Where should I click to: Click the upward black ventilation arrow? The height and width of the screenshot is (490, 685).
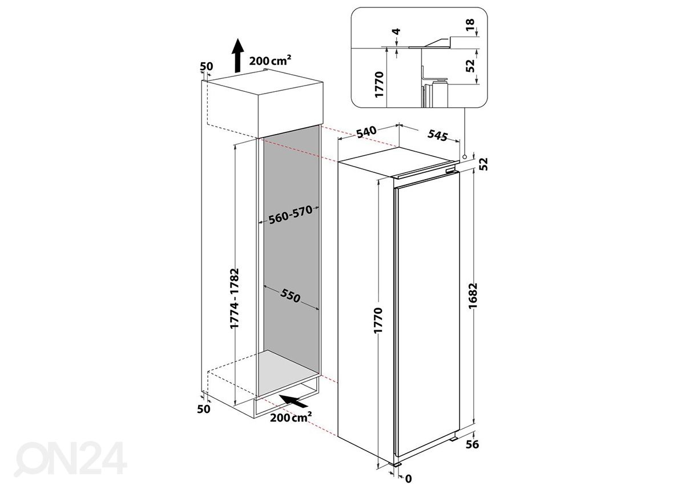coord(237,55)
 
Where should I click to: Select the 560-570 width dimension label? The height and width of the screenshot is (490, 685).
coord(291,215)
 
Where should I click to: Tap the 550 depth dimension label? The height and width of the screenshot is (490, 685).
coord(290,295)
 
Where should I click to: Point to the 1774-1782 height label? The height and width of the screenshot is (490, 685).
coord(235,298)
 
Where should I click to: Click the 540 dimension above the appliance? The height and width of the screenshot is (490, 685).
coord(366,132)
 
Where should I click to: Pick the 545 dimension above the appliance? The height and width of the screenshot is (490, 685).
coord(438,135)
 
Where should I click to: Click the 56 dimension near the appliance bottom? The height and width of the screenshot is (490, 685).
coord(472,444)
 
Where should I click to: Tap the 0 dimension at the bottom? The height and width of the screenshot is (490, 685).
coord(409,479)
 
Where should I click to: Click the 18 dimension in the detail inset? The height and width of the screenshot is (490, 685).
coord(470,24)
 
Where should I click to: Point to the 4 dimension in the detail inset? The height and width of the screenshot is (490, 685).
coord(396,31)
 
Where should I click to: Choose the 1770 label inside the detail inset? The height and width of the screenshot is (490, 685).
coord(379,84)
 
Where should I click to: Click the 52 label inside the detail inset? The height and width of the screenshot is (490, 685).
coord(470,66)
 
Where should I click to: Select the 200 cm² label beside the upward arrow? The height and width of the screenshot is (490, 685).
coord(270,60)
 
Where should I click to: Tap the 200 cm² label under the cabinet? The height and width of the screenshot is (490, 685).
coord(291,417)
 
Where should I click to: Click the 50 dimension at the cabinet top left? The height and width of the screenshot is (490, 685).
coord(207,66)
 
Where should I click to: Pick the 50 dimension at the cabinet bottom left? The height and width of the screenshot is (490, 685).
coord(204,409)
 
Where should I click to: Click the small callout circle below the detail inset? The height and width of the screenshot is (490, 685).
coord(465,157)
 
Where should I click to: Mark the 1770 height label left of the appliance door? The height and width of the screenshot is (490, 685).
coord(378,321)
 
